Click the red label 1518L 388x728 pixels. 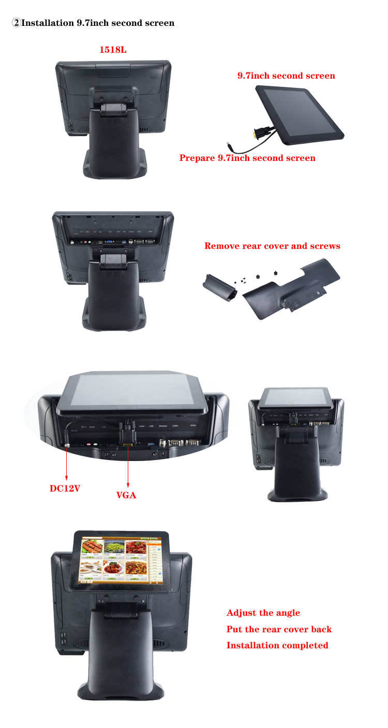(x=113, y=50)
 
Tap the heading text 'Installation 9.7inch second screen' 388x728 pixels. (x=98, y=23)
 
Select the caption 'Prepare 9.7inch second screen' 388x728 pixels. (x=247, y=158)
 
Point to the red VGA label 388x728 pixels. (x=126, y=495)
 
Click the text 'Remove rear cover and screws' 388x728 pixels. (x=272, y=246)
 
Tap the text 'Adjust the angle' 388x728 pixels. (x=263, y=613)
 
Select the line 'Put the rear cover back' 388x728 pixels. (x=279, y=629)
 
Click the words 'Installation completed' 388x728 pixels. (x=277, y=645)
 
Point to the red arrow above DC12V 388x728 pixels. (x=67, y=463)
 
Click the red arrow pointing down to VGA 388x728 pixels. (x=128, y=466)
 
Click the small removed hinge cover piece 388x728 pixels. (x=219, y=288)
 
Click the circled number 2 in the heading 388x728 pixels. (x=16, y=23)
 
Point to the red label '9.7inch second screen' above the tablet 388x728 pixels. (x=286, y=76)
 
